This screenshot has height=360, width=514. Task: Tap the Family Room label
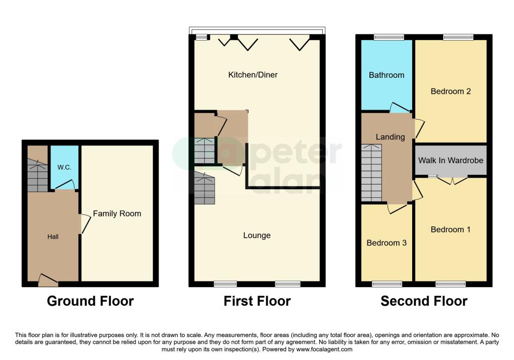pos(117,213)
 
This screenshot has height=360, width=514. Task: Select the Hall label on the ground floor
pos(53,236)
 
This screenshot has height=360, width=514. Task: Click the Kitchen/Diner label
pos(253,75)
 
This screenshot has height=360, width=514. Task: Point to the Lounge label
pos(256,235)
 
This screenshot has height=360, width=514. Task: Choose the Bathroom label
pos(386,75)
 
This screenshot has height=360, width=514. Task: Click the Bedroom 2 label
pos(450,91)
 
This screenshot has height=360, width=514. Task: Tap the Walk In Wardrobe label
pos(450,161)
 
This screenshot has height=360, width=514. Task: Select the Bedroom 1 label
pos(450,229)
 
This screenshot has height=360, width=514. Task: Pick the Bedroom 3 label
pos(386,243)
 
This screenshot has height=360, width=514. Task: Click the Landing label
pos(390,137)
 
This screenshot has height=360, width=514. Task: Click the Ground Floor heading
pos(90,301)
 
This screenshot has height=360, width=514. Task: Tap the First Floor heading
pos(257,301)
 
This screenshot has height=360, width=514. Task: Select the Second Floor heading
pos(424,301)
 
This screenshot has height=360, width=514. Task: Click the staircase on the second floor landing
pos(371,171)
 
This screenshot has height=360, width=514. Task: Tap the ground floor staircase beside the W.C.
pos(37,175)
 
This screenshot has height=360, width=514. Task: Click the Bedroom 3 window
pos(387,284)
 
